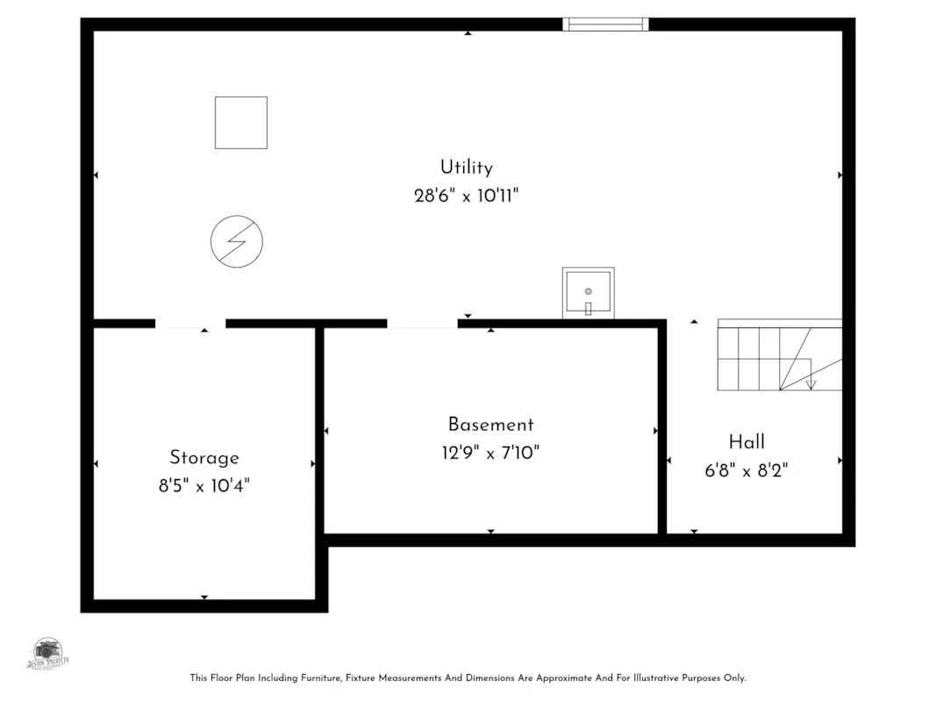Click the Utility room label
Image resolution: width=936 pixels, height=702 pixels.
(466, 167)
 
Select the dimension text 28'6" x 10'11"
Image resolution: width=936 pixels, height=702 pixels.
(466, 195)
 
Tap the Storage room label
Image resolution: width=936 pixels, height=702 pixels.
(204, 457)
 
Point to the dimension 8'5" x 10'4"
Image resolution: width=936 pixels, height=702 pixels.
(204, 485)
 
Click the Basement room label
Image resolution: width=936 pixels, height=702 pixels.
(490, 425)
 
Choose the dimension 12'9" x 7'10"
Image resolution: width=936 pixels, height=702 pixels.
(490, 453)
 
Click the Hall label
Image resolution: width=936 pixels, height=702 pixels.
(747, 441)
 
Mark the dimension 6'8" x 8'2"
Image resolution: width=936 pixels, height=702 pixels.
(747, 470)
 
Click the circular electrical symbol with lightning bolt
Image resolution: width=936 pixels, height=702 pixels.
(237, 240)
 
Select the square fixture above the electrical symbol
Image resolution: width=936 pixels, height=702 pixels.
(241, 122)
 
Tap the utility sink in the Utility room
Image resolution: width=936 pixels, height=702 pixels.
(588, 293)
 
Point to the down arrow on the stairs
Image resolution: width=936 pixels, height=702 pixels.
(811, 383)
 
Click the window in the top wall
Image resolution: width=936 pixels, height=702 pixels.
(605, 24)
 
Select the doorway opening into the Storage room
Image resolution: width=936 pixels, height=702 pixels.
(190, 324)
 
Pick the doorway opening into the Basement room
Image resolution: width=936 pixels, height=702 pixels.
(422, 324)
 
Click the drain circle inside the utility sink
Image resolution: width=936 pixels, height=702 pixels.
(588, 290)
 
